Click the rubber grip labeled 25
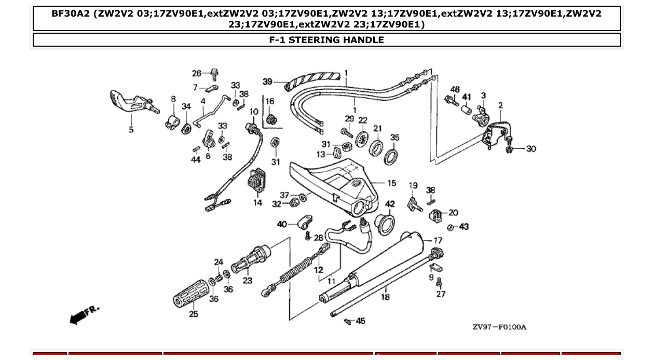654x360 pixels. pyautogui.click(x=190, y=294)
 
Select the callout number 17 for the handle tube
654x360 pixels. pyautogui.click(x=438, y=241)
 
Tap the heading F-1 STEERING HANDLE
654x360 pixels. pyautogui.click(x=326, y=40)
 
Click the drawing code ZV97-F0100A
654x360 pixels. pyautogui.click(x=499, y=327)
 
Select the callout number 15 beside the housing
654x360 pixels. pyautogui.click(x=391, y=183)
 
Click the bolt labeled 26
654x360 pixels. pyautogui.click(x=213, y=74)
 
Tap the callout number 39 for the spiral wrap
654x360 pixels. pyautogui.click(x=267, y=81)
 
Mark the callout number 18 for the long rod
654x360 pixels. pyautogui.click(x=385, y=297)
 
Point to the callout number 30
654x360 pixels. pyautogui.click(x=530, y=149)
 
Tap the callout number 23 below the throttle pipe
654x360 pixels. pyautogui.click(x=247, y=281)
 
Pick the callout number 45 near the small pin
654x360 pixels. pyautogui.click(x=360, y=321)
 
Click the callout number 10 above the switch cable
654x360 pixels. pyautogui.click(x=254, y=112)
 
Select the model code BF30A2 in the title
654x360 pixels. pyautogui.click(x=71, y=13)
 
